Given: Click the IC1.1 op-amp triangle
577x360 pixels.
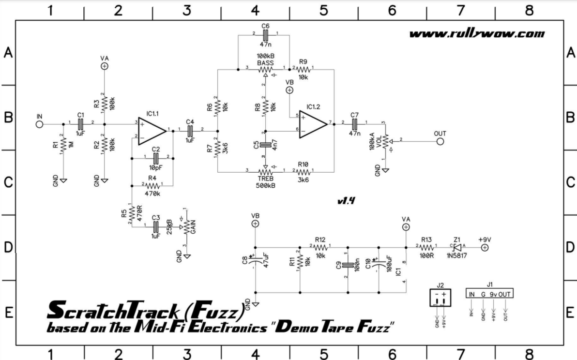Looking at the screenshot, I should [x=152, y=130].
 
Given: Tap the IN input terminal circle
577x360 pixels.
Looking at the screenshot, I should [x=40, y=123].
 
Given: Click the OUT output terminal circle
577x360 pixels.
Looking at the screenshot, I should [x=440, y=142].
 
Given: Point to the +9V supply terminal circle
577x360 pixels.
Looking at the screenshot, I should [x=484, y=248].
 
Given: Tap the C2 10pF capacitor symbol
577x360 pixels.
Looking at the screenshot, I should [x=155, y=158].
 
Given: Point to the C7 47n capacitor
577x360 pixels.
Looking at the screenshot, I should [x=355, y=123].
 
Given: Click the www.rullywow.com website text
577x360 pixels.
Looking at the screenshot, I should [x=477, y=34].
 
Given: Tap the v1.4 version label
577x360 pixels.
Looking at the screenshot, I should [x=346, y=202].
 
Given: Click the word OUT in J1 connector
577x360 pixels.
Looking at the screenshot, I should [x=505, y=294].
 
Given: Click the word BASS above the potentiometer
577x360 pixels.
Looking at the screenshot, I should [x=265, y=63].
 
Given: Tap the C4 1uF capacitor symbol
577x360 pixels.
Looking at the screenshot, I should [x=190, y=130].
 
